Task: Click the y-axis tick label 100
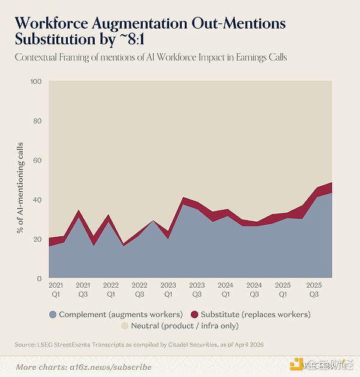36,82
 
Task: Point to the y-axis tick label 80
37,121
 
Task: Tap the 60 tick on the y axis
37,161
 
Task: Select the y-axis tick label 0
39,279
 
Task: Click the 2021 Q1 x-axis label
56,289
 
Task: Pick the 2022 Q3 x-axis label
140,289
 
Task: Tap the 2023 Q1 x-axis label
168,289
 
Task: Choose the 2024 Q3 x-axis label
254,289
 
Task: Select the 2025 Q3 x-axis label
314,289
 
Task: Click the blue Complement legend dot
53,315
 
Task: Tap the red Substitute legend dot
194,315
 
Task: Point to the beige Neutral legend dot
125,326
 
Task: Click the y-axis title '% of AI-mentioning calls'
20,188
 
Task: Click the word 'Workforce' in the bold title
52,23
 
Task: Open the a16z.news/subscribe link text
110,367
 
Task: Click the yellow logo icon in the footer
296,364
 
